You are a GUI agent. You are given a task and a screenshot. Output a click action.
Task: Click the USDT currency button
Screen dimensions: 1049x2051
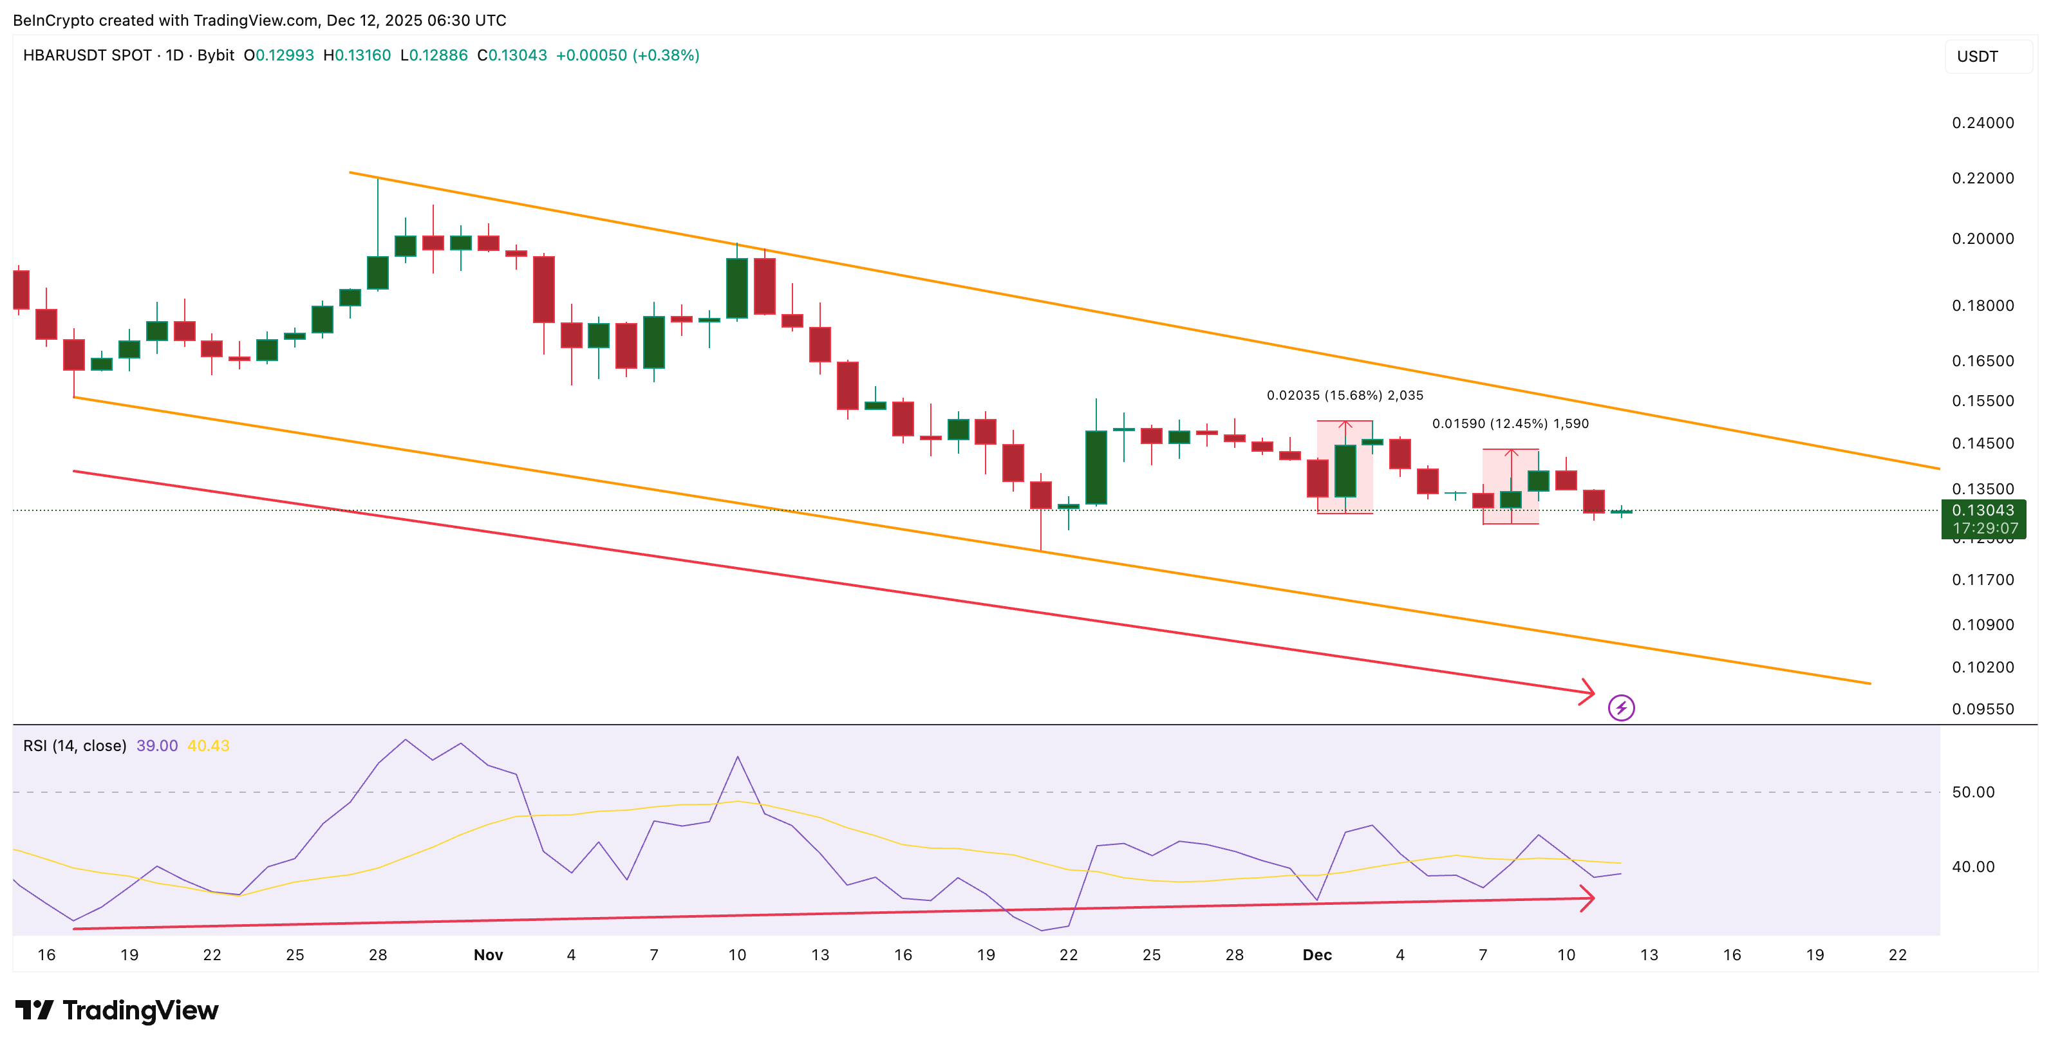coord(1978,57)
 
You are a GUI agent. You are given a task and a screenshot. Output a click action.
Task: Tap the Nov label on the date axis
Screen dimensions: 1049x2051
coord(488,955)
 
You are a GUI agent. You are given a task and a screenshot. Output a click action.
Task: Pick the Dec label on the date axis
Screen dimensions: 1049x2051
coord(1317,955)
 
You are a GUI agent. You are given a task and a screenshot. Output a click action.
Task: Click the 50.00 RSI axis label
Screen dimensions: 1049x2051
coord(1973,792)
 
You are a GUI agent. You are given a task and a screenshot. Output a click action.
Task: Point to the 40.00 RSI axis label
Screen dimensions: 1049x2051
coord(1973,867)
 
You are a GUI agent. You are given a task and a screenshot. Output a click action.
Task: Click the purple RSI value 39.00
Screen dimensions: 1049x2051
coord(157,746)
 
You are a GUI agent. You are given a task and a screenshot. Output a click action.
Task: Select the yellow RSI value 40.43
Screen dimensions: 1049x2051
coord(209,746)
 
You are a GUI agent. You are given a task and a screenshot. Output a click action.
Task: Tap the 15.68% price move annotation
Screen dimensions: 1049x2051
coord(1345,396)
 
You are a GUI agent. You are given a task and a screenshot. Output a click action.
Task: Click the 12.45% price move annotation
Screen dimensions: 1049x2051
coord(1510,424)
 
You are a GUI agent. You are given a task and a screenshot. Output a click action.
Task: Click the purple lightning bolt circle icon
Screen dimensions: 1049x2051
coord(1621,707)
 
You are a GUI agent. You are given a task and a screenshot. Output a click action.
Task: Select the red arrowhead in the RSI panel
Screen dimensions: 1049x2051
coord(1587,899)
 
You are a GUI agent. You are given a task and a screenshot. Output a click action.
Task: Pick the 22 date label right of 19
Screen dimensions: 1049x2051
coord(1897,955)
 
